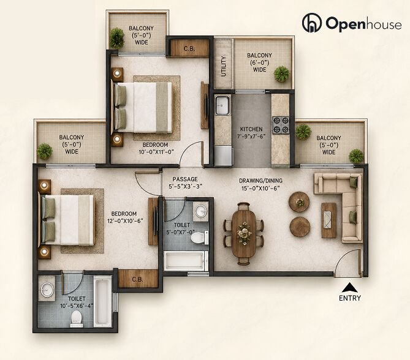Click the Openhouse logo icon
click(312, 23)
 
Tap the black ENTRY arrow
click(350, 288)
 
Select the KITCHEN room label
click(251, 129)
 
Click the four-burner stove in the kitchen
click(281, 125)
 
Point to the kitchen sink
click(222, 105)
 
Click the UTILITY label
click(223, 66)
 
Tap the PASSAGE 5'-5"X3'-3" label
click(185, 182)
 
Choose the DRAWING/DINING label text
click(260, 181)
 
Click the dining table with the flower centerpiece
click(244, 233)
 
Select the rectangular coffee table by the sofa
click(328, 220)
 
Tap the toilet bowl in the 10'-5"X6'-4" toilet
click(77, 318)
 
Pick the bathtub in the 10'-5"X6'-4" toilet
click(102, 302)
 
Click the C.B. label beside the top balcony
click(189, 48)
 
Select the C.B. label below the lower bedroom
click(137, 279)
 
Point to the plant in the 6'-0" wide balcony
click(282, 74)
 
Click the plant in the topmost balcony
click(116, 38)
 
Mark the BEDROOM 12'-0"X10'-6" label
click(125, 217)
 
